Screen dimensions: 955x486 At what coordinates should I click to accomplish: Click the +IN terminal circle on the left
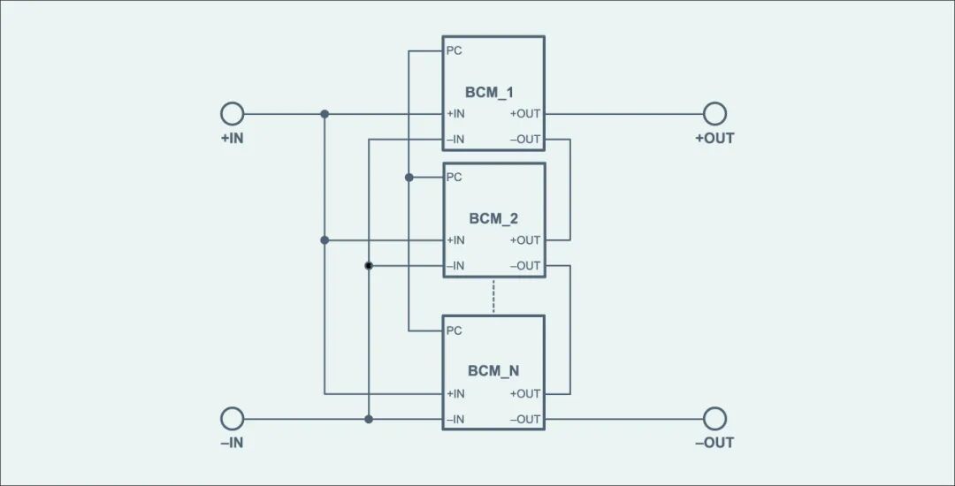232,114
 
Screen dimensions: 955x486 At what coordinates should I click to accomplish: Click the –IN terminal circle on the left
232,419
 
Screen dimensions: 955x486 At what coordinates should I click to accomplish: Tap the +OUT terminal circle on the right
715,114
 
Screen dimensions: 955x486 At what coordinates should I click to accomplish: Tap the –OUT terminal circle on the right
715,419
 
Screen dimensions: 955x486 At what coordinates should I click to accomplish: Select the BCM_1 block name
489,93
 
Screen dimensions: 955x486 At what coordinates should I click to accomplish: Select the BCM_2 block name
493,219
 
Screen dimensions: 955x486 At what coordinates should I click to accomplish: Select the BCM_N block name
493,371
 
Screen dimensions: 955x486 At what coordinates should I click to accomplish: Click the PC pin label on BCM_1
455,50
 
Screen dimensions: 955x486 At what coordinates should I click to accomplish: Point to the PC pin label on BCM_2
455,177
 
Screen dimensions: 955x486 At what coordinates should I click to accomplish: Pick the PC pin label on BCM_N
455,330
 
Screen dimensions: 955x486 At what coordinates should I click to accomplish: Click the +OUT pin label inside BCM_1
525,114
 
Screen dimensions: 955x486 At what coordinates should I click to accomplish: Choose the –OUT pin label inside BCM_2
525,266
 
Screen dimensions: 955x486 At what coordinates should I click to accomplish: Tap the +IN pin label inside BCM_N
455,393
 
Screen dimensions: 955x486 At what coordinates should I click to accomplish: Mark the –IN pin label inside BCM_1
455,140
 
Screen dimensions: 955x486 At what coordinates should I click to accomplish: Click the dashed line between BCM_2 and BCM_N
493,296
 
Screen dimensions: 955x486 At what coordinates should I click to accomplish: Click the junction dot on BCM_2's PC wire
409,177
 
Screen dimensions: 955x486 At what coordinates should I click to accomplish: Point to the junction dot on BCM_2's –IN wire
369,266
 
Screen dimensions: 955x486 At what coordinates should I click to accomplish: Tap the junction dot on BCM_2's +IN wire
325,240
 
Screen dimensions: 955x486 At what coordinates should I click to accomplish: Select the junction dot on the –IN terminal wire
369,419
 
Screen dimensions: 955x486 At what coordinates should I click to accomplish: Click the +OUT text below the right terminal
715,138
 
